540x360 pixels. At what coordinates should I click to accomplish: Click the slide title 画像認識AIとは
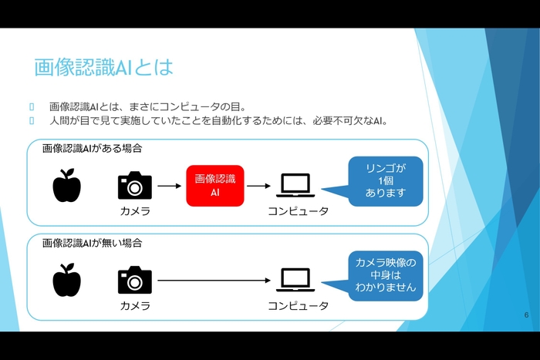[x=103, y=67]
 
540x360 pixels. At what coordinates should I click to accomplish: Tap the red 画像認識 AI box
[x=215, y=186]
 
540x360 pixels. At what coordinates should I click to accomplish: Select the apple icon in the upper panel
[x=66, y=186]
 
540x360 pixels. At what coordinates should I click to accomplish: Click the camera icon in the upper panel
[x=135, y=186]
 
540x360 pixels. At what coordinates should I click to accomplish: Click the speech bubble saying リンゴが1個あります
[x=386, y=182]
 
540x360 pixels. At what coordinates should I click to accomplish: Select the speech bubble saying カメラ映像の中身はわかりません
[x=386, y=275]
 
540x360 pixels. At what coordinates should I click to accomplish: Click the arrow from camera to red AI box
[x=169, y=186]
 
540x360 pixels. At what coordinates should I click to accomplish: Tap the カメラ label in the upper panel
[x=135, y=211]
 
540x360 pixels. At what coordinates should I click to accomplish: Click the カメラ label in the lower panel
[x=135, y=306]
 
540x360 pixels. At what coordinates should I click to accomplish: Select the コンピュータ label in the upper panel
[x=298, y=211]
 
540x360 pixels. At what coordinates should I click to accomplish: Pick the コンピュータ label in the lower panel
[x=298, y=306]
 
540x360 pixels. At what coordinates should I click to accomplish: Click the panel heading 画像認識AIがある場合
[x=93, y=147]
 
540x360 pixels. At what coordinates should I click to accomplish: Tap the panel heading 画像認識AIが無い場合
[x=93, y=242]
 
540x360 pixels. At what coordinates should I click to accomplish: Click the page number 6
[x=526, y=315]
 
